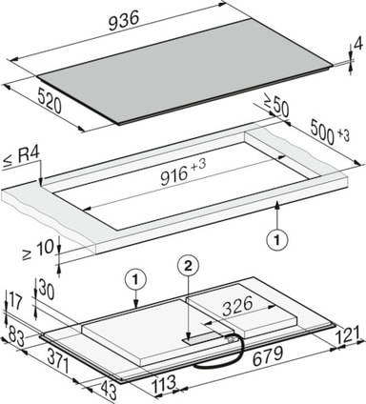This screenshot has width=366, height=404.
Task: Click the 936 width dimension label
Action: tap(124, 21)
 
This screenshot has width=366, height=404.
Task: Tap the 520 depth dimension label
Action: tap(50, 101)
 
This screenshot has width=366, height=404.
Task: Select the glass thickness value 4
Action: tap(358, 45)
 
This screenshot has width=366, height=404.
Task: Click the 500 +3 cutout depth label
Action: tap(329, 132)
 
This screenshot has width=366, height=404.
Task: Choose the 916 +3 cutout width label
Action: tap(183, 172)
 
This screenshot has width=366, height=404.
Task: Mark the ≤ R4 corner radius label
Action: tap(21, 157)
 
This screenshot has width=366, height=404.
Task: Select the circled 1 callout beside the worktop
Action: tap(277, 240)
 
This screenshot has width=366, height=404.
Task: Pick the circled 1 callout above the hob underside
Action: tap(135, 280)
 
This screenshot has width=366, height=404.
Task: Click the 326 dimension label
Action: tap(237, 307)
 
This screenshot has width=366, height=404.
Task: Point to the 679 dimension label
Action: tap(268, 355)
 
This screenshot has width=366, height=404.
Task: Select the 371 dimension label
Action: tap(58, 361)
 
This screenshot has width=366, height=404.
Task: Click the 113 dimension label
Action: tap(164, 384)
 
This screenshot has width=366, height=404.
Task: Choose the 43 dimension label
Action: tap(108, 391)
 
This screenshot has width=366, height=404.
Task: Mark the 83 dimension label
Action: tap(16, 336)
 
